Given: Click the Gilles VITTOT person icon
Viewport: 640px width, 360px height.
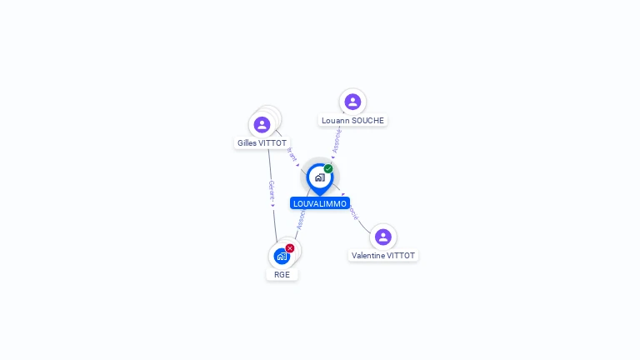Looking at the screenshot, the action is [262, 125].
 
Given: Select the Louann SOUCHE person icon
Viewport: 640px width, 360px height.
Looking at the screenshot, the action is [352, 102].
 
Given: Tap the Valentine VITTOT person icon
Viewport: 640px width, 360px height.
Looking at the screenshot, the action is [382, 237].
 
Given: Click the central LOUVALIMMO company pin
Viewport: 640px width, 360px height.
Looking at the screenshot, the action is [319, 177].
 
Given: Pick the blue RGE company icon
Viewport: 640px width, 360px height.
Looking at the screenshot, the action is [282, 256].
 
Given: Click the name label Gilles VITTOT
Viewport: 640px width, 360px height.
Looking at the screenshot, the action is [262, 143].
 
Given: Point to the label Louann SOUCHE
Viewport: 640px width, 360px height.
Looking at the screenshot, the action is [352, 120].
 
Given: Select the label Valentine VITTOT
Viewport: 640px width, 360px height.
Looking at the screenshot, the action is [382, 256].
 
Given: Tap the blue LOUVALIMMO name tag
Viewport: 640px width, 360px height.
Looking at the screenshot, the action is [319, 203].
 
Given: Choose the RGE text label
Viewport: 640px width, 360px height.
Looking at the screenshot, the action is [282, 274].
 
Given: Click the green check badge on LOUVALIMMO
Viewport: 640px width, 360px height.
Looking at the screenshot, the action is [328, 169].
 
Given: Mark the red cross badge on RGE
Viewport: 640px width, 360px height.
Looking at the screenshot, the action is [290, 248].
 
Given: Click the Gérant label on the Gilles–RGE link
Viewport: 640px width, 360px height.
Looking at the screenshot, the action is [271, 192].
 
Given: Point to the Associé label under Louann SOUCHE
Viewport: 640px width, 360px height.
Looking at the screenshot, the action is [336, 141].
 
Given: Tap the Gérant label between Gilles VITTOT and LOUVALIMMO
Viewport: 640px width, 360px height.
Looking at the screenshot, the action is [292, 155].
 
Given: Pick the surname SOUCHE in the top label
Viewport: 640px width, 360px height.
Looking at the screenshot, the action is [368, 120].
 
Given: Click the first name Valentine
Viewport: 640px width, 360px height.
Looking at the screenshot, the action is [369, 256].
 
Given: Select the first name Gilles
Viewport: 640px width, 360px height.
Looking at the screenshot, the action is [247, 143].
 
